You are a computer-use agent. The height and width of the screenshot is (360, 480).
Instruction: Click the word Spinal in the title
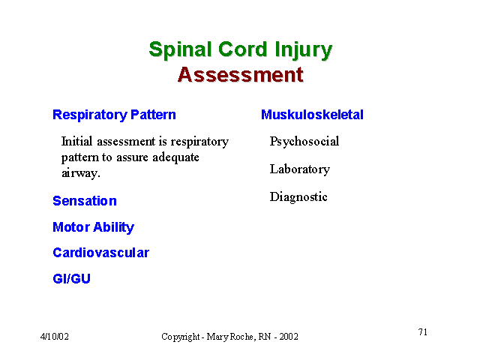[180, 50]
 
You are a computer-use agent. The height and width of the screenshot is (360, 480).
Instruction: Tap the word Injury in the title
[303, 50]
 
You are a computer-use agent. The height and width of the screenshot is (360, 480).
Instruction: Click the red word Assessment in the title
[241, 75]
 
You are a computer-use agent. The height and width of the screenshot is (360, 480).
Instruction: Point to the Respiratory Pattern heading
[114, 115]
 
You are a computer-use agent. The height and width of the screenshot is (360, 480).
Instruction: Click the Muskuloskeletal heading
[312, 115]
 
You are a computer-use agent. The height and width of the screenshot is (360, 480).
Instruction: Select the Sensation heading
[85, 201]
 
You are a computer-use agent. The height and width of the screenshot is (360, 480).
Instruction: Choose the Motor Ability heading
[93, 227]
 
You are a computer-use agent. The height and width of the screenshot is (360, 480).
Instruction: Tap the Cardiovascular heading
[100, 253]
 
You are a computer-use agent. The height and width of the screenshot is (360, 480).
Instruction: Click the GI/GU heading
[72, 278]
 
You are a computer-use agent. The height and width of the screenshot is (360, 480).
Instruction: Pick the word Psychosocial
[304, 142]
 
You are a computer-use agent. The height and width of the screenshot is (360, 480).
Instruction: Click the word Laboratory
[300, 169]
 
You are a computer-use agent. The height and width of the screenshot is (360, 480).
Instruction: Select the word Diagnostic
[298, 196]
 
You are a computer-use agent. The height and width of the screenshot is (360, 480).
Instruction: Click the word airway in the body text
[79, 173]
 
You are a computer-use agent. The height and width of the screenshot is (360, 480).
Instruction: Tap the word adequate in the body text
[175, 157]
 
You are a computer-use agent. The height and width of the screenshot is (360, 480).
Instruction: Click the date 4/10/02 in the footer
[55, 337]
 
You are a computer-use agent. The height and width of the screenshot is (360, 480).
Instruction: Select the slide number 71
[423, 331]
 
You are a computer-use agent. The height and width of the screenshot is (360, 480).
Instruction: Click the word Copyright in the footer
[181, 337]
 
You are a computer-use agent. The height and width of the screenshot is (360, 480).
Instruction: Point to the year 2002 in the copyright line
[289, 337]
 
